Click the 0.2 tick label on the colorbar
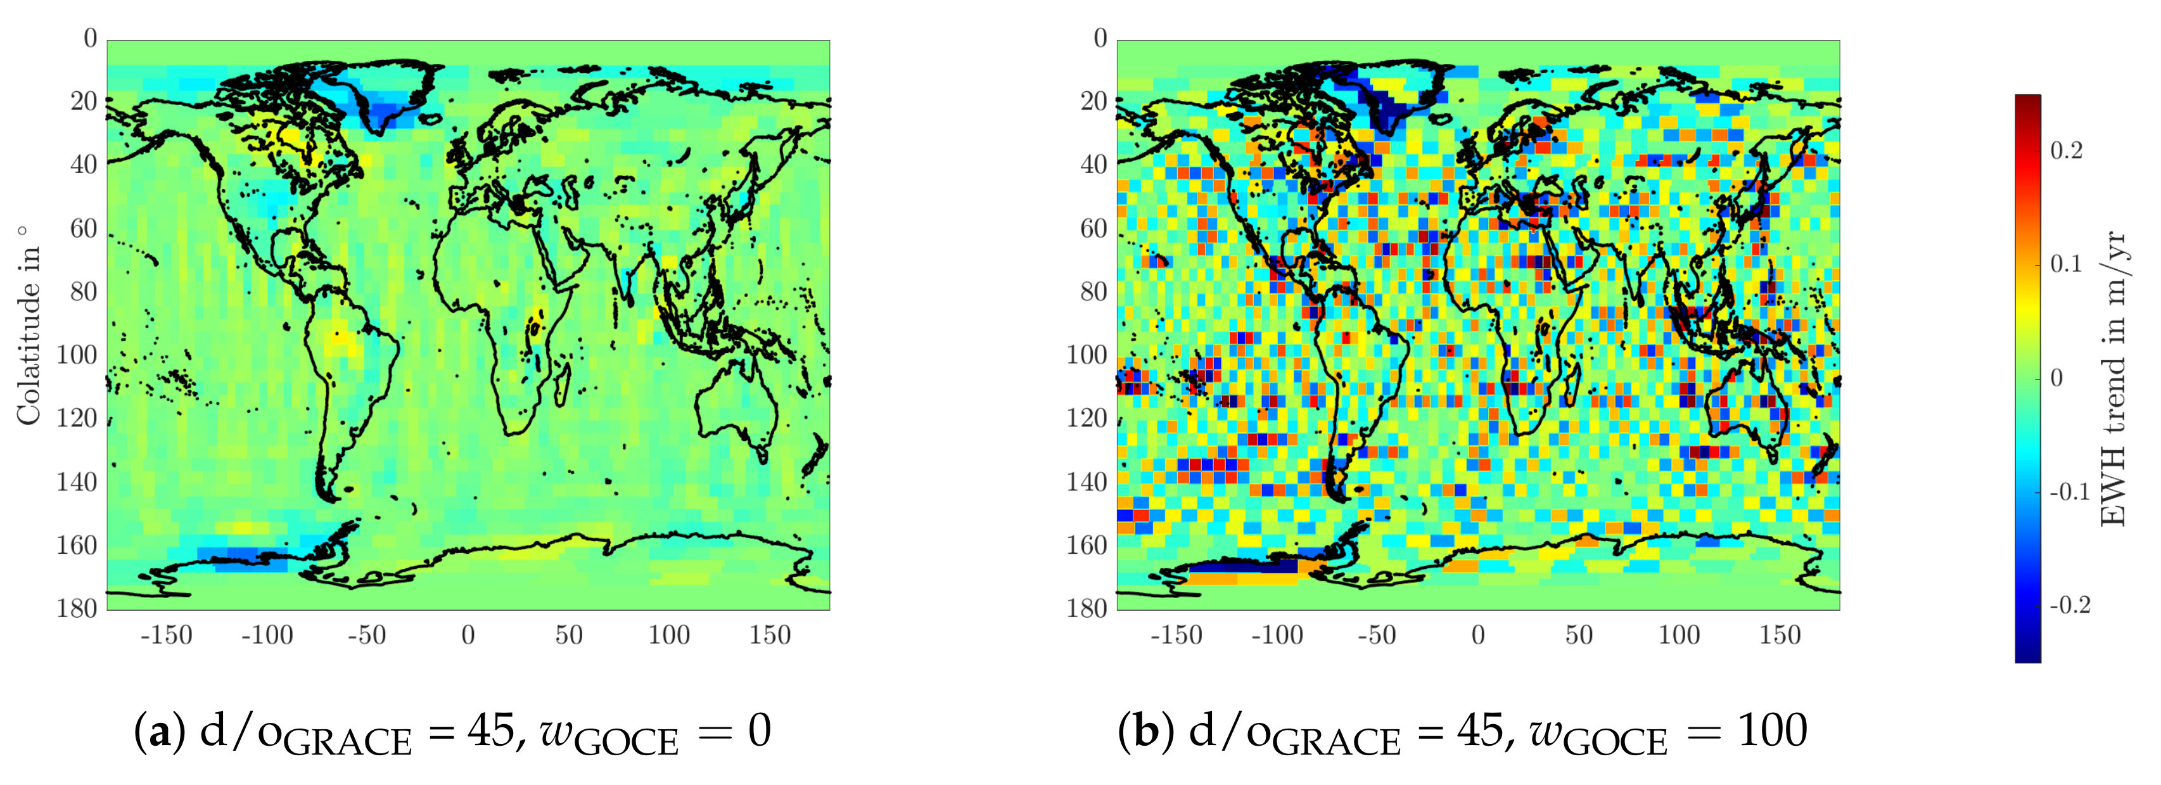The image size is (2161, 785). click(2066, 151)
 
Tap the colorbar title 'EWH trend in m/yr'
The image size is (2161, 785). click(2115, 379)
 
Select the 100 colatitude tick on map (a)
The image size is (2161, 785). click(76, 355)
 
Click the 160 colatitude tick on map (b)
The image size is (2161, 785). click(1087, 545)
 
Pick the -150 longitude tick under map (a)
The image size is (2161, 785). click(166, 635)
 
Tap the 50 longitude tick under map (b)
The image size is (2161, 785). click(1578, 635)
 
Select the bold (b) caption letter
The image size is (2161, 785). click(1144, 731)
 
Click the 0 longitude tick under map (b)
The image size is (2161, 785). click(1478, 635)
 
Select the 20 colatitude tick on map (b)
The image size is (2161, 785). click(1093, 101)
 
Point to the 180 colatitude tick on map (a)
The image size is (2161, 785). click(76, 608)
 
